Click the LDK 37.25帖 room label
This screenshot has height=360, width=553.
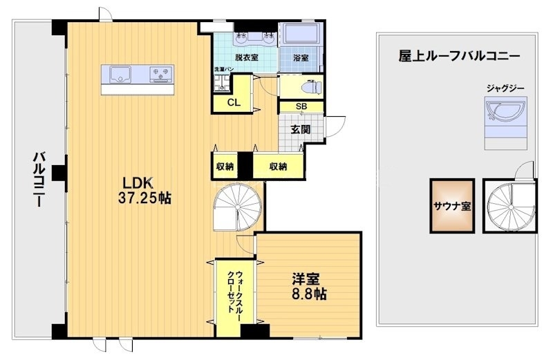coord(146,190)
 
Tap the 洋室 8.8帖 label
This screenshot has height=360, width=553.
coord(308,286)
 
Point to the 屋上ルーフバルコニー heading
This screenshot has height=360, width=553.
coord(458,57)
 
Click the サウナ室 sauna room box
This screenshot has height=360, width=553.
coord(452,205)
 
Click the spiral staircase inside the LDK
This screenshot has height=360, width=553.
coord(234,207)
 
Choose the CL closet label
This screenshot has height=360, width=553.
coord(234,103)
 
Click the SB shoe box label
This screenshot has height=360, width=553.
coord(301,106)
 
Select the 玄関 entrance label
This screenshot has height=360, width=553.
coord(300,129)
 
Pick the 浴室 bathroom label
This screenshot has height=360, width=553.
coord(301,58)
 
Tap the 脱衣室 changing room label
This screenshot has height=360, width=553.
coord(246,58)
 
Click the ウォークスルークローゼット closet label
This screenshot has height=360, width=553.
coord(235,293)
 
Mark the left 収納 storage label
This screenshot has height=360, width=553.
coord(224,167)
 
